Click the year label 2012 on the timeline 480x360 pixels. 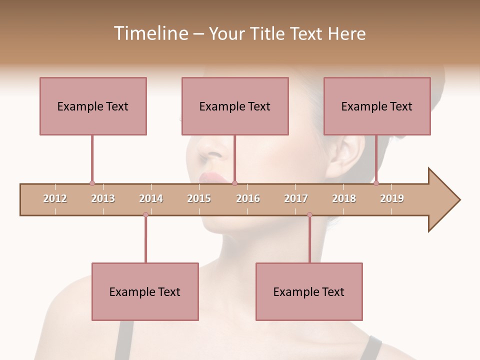tap(55, 198)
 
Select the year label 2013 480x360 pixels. tap(103, 198)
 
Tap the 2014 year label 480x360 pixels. tap(151, 198)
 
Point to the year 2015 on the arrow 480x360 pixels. tap(199, 198)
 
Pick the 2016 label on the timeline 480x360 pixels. tap(248, 198)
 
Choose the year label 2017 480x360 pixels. tap(296, 198)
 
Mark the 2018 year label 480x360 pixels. tap(344, 198)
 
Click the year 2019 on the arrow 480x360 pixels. tap(392, 198)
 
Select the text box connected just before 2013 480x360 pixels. tap(93, 106)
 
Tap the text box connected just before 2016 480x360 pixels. tap(235, 106)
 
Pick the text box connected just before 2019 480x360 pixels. tap(377, 106)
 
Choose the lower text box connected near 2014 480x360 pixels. tap(145, 291)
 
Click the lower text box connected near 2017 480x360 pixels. tap(309, 291)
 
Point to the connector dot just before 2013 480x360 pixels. tap(92, 183)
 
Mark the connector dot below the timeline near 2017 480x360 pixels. tap(309, 215)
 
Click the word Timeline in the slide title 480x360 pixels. tap(150, 33)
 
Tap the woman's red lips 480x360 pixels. tap(210, 177)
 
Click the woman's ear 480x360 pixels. tap(345, 155)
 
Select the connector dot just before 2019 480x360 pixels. tap(376, 183)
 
